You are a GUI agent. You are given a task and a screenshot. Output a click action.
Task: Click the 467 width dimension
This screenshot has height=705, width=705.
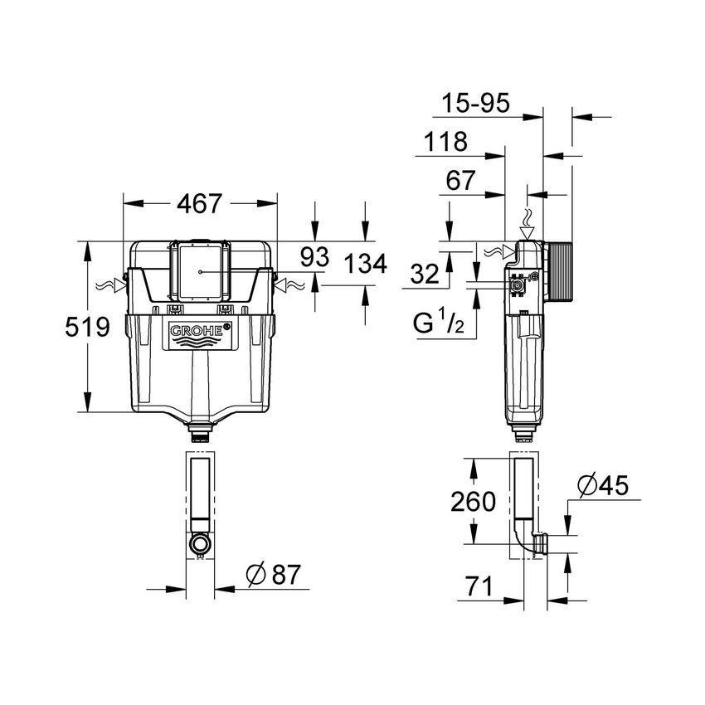[199, 202]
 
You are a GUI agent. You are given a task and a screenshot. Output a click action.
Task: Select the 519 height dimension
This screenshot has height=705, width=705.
[88, 327]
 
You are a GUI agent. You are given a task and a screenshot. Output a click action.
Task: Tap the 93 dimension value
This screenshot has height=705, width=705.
[314, 257]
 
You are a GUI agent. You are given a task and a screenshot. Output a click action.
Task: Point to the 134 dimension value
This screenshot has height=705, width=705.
[366, 264]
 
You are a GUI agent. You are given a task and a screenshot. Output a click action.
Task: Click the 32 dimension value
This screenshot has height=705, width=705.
[424, 275]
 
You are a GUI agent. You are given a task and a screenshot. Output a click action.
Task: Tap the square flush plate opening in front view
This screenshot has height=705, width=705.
[199, 271]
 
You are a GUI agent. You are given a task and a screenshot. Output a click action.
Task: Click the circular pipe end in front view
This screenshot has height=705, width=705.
[199, 544]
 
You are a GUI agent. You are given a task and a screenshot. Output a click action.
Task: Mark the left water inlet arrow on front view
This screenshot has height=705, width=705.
[110, 285]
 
